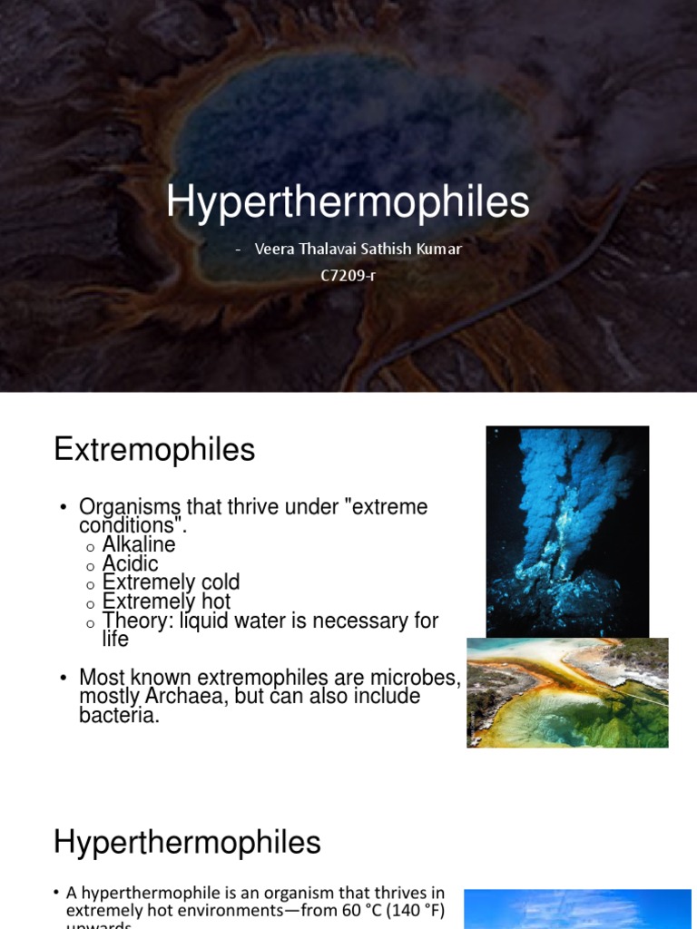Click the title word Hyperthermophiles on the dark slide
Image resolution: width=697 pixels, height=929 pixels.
(x=348, y=202)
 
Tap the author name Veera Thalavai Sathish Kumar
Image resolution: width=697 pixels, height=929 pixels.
(x=358, y=249)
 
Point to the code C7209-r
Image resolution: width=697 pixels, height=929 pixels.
(x=348, y=275)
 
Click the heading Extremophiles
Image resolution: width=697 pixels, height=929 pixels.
(x=154, y=449)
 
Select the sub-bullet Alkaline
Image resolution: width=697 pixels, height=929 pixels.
(x=139, y=545)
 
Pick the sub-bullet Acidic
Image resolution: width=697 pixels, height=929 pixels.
(x=130, y=564)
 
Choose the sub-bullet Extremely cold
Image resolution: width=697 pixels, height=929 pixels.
(x=171, y=582)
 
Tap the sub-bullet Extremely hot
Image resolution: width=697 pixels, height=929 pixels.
(x=166, y=601)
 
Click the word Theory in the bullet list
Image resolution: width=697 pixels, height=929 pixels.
(x=126, y=621)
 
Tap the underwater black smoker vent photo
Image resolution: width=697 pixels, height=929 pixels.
(x=567, y=531)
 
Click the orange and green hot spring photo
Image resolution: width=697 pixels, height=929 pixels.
(x=567, y=692)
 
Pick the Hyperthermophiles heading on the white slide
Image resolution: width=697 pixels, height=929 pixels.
(x=187, y=843)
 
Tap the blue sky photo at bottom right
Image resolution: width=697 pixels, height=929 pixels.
(x=577, y=909)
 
